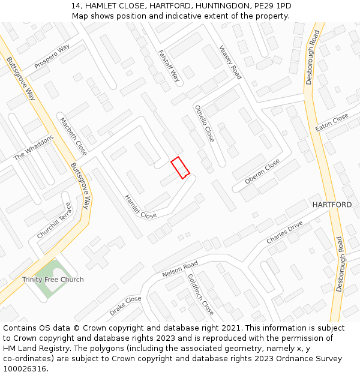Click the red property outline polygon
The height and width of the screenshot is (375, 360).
(180, 167)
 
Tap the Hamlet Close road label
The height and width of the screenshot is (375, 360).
(140, 206)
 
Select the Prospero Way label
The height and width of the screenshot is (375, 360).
(52, 56)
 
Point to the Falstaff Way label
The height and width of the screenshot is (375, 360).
(169, 65)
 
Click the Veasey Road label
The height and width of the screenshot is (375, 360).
(230, 62)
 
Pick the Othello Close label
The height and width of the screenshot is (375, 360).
(204, 123)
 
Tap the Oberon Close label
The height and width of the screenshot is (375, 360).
(262, 172)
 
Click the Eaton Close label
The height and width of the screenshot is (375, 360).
(332, 123)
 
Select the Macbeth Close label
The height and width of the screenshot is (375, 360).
(73, 136)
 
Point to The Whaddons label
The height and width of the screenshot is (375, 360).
(34, 147)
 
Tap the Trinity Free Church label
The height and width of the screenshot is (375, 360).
(53, 280)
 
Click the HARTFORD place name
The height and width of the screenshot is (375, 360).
(332, 205)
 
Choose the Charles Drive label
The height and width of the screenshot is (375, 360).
(285, 232)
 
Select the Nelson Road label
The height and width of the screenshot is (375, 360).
(180, 269)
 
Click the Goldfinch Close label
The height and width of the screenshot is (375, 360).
(200, 295)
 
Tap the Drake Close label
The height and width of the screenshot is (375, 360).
(125, 306)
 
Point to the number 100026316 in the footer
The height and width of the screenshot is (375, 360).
(25, 368)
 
